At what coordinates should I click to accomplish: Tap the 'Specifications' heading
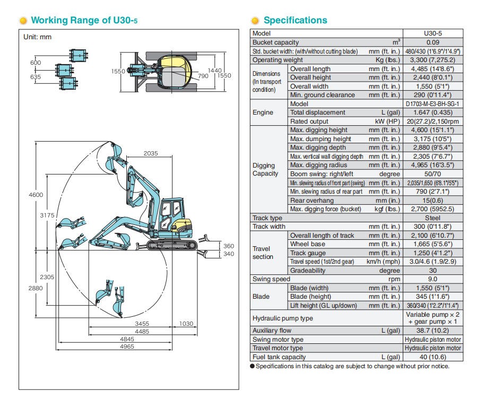(x=295, y=21)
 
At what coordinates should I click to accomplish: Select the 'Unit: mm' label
(x=37, y=37)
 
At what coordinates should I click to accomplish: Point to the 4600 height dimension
(x=36, y=195)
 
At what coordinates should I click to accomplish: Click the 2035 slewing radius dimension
(x=150, y=154)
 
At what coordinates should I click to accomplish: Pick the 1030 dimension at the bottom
(x=186, y=324)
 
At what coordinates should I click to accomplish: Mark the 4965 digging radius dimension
(x=142, y=346)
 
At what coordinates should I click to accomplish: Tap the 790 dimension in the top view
(x=203, y=76)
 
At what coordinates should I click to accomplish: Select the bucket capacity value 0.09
(x=432, y=42)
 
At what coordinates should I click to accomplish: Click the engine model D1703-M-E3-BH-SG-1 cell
(x=432, y=104)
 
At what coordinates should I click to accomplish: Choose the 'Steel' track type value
(x=432, y=218)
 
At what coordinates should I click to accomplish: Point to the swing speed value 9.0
(x=432, y=279)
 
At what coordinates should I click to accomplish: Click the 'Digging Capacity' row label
(x=265, y=169)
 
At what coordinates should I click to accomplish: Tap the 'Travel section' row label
(x=263, y=253)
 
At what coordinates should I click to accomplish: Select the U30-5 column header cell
(x=432, y=33)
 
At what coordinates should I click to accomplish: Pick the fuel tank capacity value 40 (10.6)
(x=432, y=357)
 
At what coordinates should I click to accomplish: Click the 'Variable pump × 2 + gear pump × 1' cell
(x=432, y=318)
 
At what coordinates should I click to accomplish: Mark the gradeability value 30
(x=432, y=271)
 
